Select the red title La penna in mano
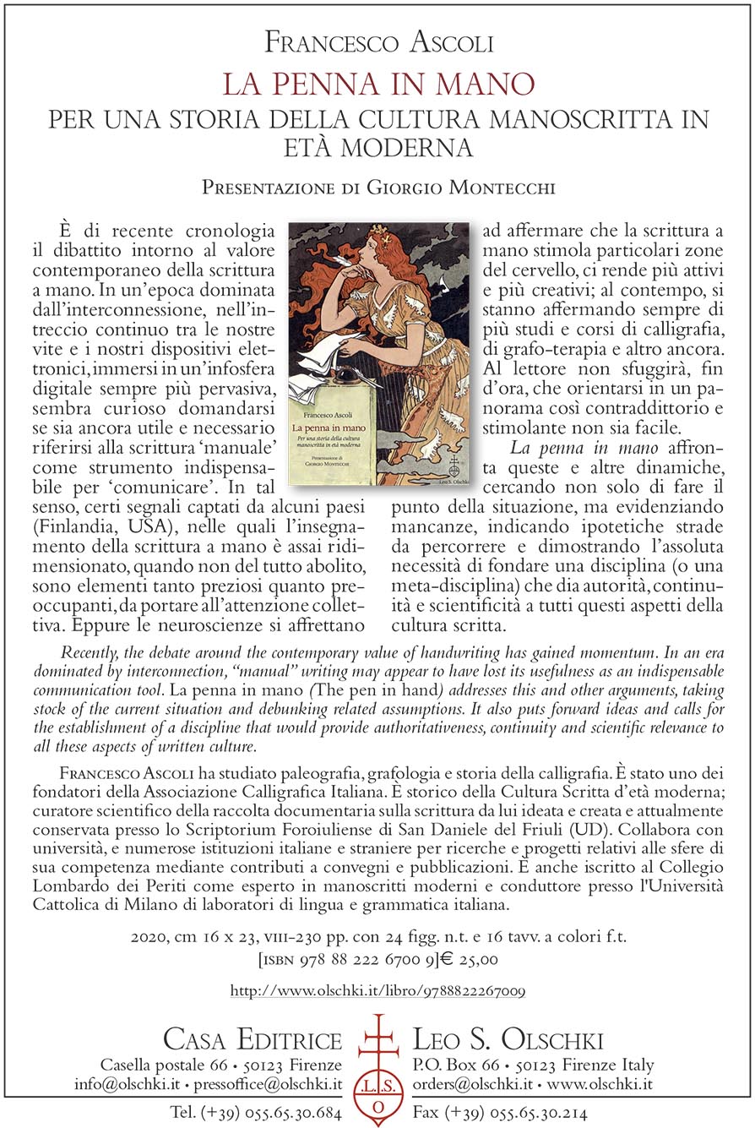click(377, 84)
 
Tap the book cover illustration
click(378, 353)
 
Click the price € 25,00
click(469, 959)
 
